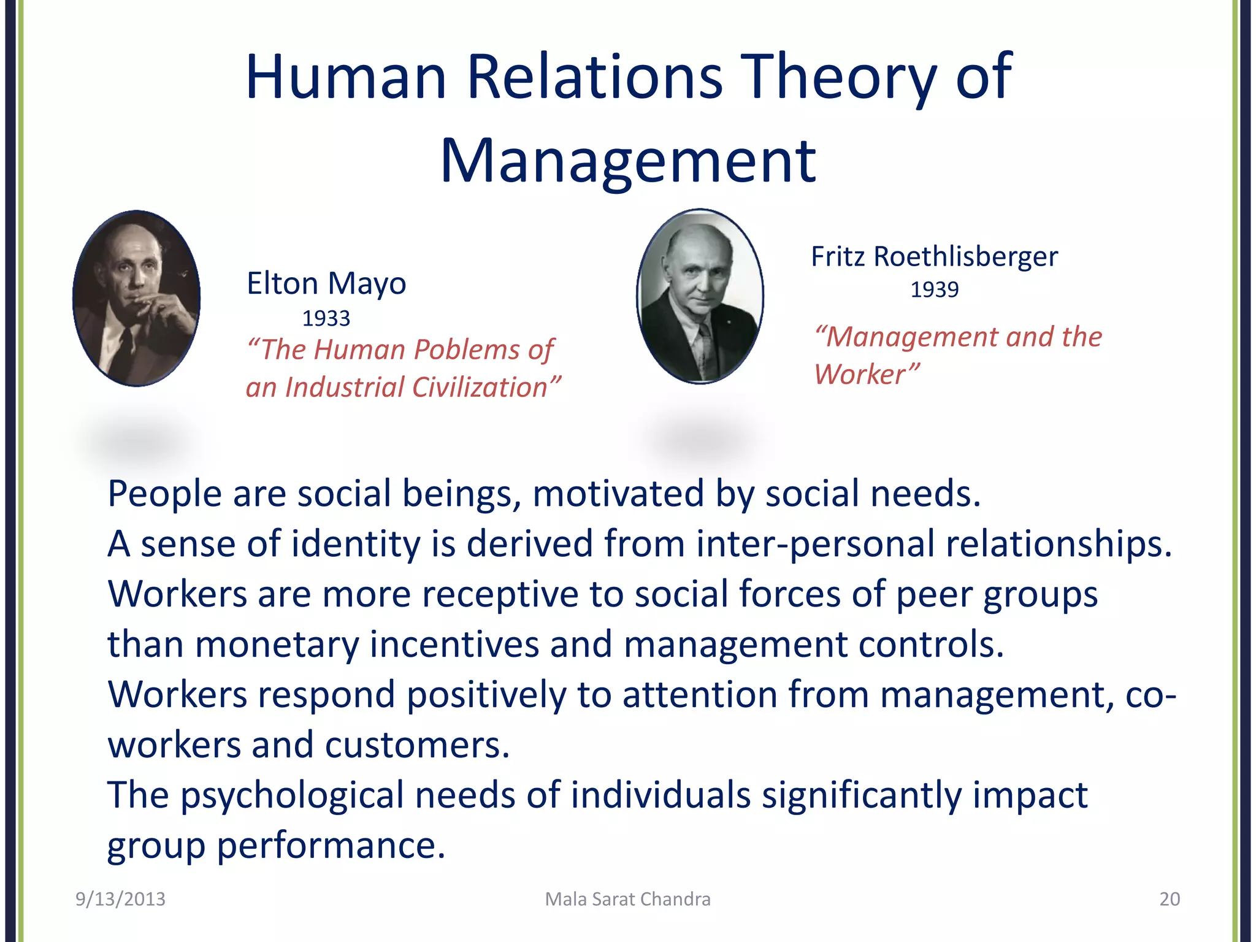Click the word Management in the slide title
pos(628,161)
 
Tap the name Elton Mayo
pos(326,283)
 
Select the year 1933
pos(326,318)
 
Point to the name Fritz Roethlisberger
pos(934,256)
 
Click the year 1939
pos(934,289)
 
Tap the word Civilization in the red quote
pos(479,388)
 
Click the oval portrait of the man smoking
pos(136,299)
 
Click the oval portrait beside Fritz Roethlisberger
pos(700,297)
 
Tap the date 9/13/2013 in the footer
pos(120,899)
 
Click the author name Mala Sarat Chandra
pos(627,899)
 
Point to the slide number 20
pos(1170,899)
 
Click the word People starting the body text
pos(164,494)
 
